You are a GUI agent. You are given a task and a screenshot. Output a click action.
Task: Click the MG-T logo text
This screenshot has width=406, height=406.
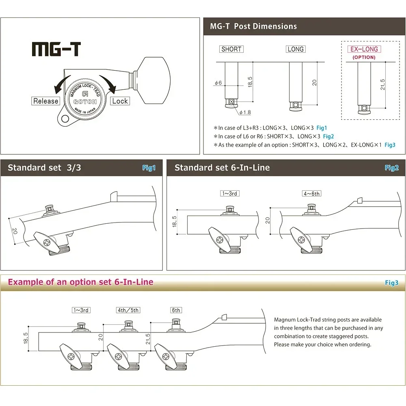tap(56, 49)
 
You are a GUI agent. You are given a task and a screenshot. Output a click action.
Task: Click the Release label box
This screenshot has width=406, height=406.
tap(46, 101)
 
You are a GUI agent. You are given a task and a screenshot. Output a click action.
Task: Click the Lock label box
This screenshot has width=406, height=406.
tap(120, 101)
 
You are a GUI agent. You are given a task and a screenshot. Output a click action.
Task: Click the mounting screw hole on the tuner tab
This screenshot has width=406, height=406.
tap(64, 119)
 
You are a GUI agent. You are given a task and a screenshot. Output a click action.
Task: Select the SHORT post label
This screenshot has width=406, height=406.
tap(231, 49)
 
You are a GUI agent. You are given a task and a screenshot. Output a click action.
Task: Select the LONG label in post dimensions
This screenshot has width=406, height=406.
tap(295, 49)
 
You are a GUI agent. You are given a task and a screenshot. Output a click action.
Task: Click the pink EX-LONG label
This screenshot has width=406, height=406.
tap(364, 49)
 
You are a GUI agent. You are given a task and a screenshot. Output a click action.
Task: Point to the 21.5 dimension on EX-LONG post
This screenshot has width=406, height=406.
tap(382, 85)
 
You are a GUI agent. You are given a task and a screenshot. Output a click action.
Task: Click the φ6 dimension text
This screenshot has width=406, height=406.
tap(218, 83)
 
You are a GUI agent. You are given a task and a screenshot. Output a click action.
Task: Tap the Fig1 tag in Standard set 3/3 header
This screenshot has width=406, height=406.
tap(149, 168)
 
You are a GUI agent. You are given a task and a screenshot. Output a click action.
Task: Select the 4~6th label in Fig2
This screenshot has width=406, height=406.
tap(311, 194)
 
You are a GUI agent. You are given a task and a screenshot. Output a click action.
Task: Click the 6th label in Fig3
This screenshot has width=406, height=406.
tap(176, 310)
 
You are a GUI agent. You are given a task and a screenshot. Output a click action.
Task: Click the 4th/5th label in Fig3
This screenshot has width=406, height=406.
tap(128, 310)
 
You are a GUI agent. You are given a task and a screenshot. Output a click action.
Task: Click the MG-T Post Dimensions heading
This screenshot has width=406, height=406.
tap(253, 26)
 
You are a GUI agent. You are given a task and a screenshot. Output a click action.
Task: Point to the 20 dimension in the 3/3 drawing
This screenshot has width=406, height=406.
tap(15, 231)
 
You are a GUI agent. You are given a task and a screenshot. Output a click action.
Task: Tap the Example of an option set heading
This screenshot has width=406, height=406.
tap(80, 282)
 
